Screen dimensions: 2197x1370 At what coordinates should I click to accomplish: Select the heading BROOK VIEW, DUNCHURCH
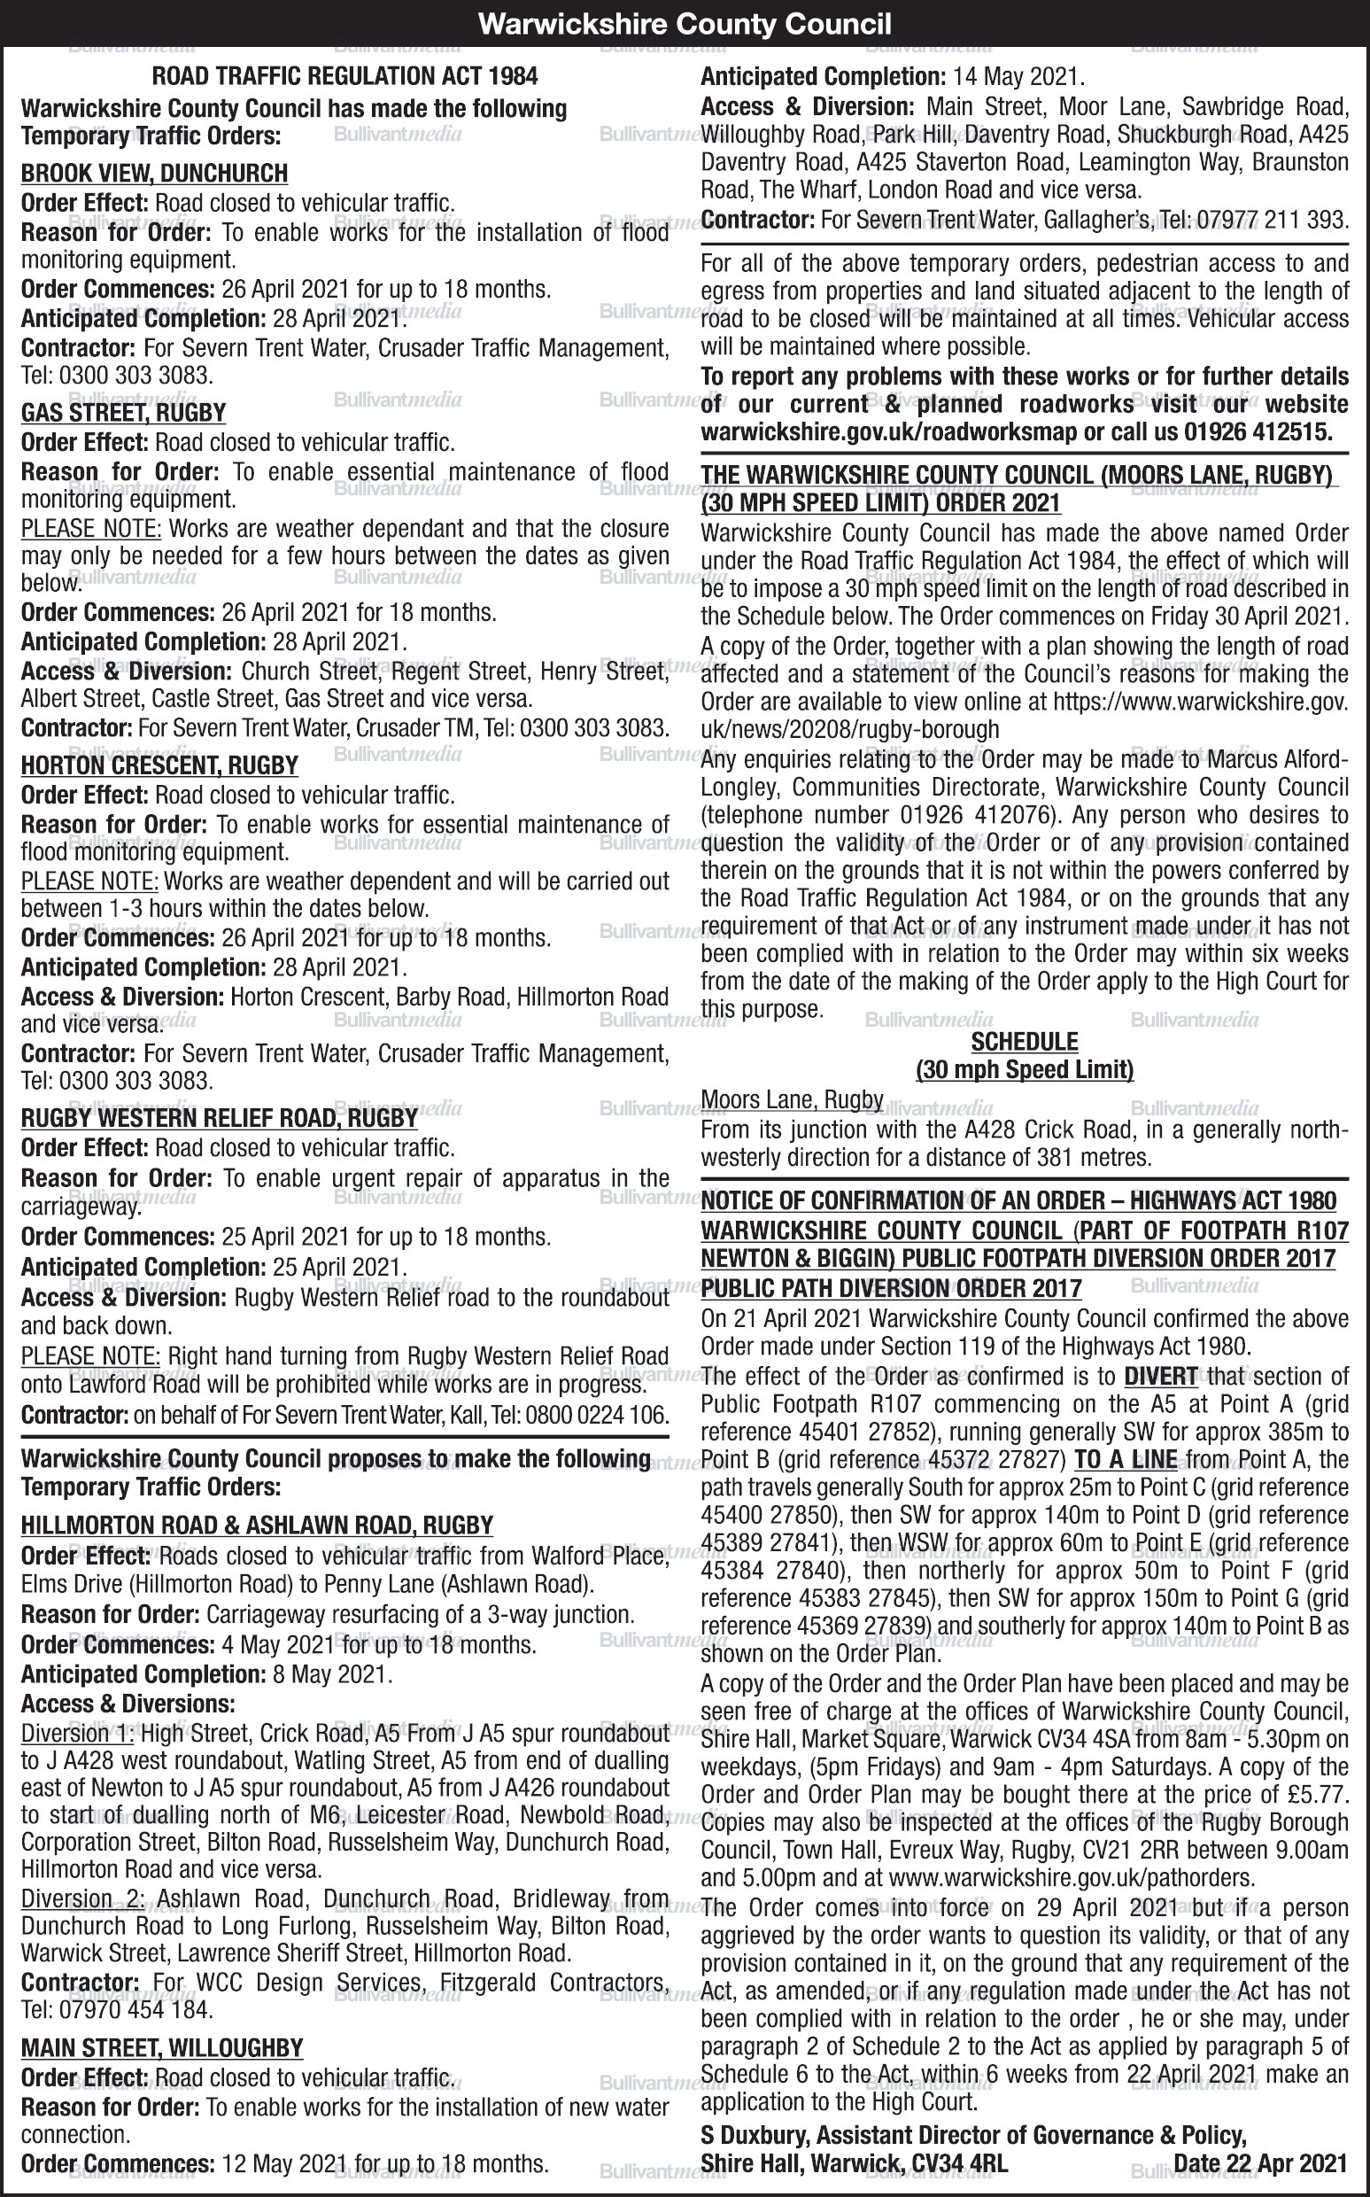coord(154,173)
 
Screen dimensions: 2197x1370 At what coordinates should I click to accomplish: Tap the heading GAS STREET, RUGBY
coord(123,413)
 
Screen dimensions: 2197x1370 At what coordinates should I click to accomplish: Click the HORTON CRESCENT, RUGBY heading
coord(159,766)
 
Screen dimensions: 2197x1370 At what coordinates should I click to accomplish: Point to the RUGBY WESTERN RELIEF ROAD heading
coord(220,1117)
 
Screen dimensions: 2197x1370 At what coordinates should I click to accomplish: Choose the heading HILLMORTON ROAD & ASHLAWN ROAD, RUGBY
coord(257,1525)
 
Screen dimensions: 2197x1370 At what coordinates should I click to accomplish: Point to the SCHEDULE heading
coord(1024,1042)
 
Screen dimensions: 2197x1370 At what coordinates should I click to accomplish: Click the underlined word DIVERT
coord(1161,1376)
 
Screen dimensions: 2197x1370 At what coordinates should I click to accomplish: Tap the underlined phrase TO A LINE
coord(1126,1459)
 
